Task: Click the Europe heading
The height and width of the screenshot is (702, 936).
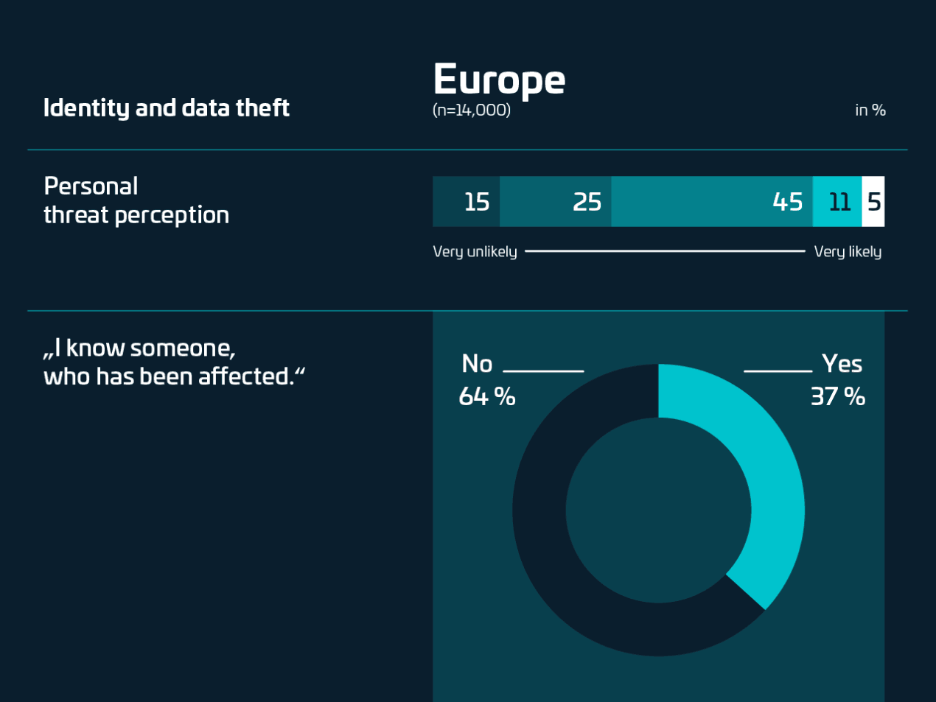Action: pos(499,80)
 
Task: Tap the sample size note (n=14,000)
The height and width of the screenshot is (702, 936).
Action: pos(471,110)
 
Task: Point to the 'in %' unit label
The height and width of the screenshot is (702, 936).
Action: pos(870,110)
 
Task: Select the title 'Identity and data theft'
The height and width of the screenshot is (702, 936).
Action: pos(166,108)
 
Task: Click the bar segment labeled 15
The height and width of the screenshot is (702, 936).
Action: pos(466,201)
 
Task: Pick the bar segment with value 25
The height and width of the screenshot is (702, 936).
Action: pos(556,201)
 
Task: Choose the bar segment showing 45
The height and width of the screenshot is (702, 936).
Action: pos(712,201)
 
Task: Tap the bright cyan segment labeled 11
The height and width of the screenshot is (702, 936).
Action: pos(837,201)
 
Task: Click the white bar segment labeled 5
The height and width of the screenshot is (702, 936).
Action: pos(873,201)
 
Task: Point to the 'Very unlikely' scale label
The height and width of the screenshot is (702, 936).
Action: pos(475,252)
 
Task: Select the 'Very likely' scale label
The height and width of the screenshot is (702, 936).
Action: pos(848,252)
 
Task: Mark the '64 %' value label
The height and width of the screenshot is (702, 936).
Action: pos(486,396)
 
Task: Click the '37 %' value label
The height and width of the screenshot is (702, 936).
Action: pos(837,396)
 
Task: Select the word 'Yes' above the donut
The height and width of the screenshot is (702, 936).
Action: pos(842,364)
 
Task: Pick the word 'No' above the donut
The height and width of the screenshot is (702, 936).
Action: pos(477,364)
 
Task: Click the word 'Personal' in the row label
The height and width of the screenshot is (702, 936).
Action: pos(91,186)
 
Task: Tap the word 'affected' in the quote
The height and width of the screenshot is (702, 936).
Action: pos(245,376)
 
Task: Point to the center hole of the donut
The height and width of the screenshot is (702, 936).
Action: pos(658,510)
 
